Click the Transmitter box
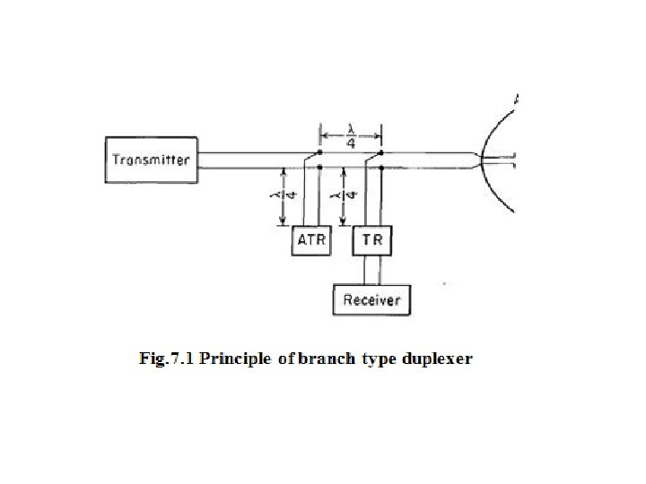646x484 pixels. tap(150, 160)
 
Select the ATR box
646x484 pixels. tap(312, 239)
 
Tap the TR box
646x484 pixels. tap(371, 239)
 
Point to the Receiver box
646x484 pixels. tap(371, 299)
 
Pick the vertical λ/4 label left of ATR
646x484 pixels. tap(284, 195)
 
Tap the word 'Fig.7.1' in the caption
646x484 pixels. tap(166, 359)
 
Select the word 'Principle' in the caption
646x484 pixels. tap(236, 359)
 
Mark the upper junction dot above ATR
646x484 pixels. tap(320, 152)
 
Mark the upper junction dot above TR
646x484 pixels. tap(381, 152)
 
